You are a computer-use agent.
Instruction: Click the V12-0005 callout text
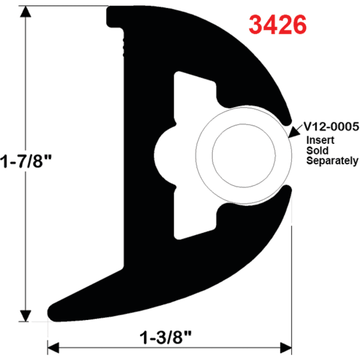pyautogui.click(x=329, y=126)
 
